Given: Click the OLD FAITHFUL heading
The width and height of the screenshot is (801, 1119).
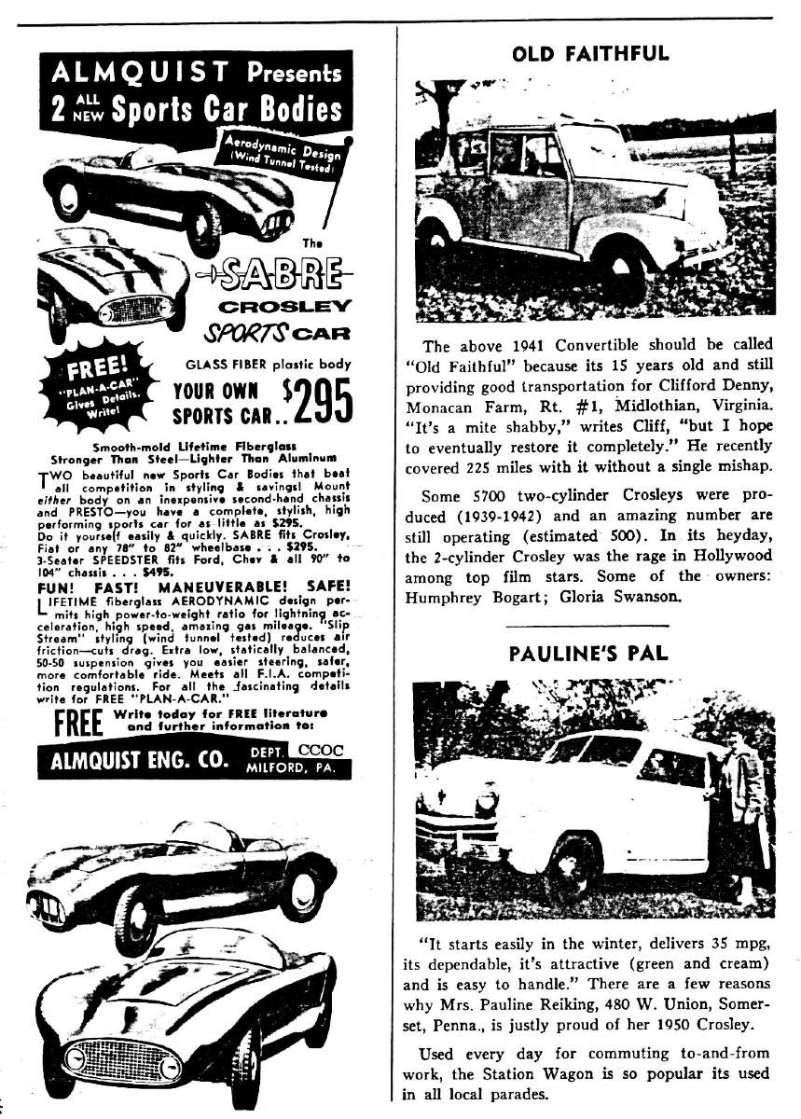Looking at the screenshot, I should coord(590,53).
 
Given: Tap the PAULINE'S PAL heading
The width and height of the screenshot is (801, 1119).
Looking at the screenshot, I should coord(589,652).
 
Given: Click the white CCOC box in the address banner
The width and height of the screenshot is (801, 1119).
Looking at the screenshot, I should coord(320,749).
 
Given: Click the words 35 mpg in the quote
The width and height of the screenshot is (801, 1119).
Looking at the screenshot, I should coord(719,942).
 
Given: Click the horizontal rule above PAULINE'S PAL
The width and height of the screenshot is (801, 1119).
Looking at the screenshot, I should coord(589,625).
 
